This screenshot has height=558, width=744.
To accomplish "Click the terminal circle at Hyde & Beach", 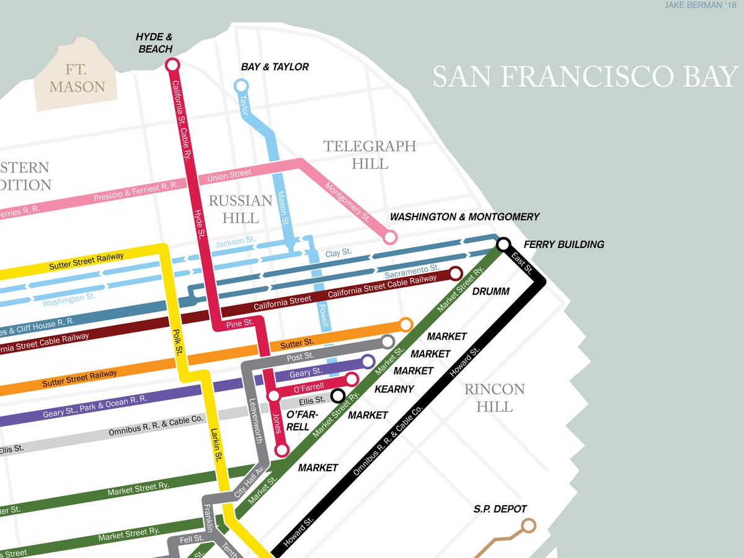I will (x=172, y=64).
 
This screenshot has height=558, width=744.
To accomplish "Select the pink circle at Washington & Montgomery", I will (x=390, y=237).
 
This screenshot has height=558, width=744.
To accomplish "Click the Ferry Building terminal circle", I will (x=503, y=244).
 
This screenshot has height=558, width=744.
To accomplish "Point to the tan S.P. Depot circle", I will (x=528, y=526).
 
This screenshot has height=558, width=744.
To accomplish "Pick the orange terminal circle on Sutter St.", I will (x=406, y=324).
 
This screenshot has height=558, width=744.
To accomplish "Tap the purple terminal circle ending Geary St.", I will (x=368, y=361).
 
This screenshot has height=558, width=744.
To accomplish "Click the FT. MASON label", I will (x=77, y=77).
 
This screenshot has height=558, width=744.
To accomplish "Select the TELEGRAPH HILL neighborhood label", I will (x=370, y=155).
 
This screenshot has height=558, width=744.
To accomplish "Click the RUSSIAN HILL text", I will (x=241, y=209).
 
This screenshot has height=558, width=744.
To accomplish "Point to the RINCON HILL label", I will (x=495, y=398).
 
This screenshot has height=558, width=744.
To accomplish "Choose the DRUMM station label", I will (x=490, y=291).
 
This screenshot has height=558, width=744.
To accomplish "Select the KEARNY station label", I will (x=394, y=389).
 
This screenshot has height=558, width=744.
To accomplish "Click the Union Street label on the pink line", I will (x=229, y=175).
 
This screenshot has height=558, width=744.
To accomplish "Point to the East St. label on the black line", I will (x=523, y=264).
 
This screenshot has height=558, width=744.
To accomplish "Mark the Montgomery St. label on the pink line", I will (x=347, y=203).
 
